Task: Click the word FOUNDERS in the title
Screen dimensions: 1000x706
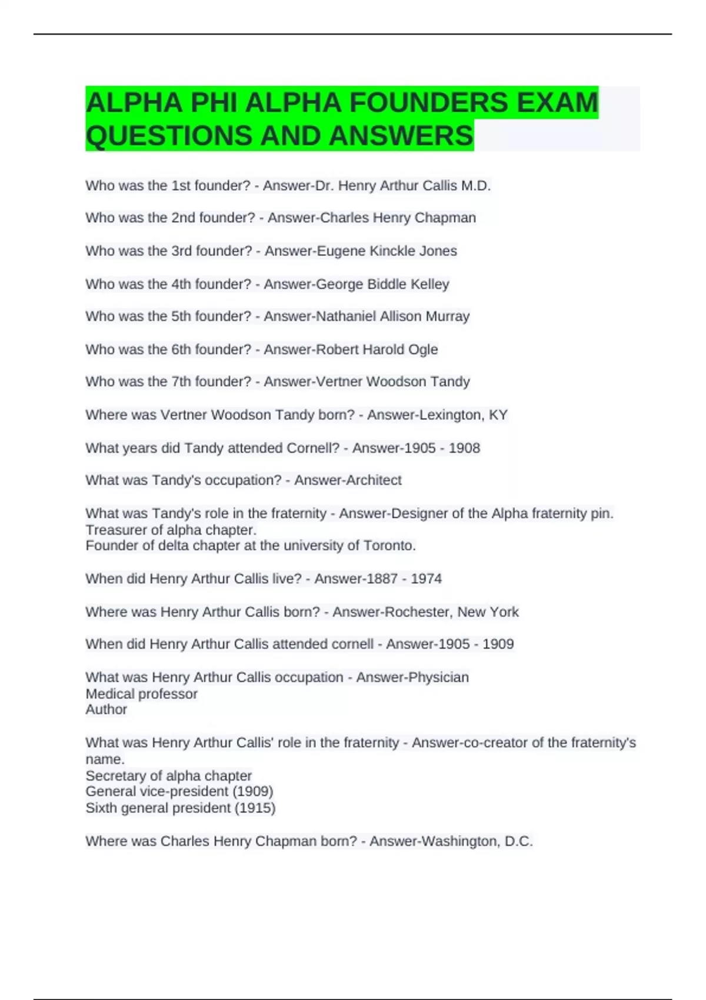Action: (428, 103)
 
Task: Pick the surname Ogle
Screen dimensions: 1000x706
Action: (424, 349)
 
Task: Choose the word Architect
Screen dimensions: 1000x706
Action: (366, 481)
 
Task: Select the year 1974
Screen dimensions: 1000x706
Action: (426, 579)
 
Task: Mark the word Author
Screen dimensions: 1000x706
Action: (106, 710)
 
